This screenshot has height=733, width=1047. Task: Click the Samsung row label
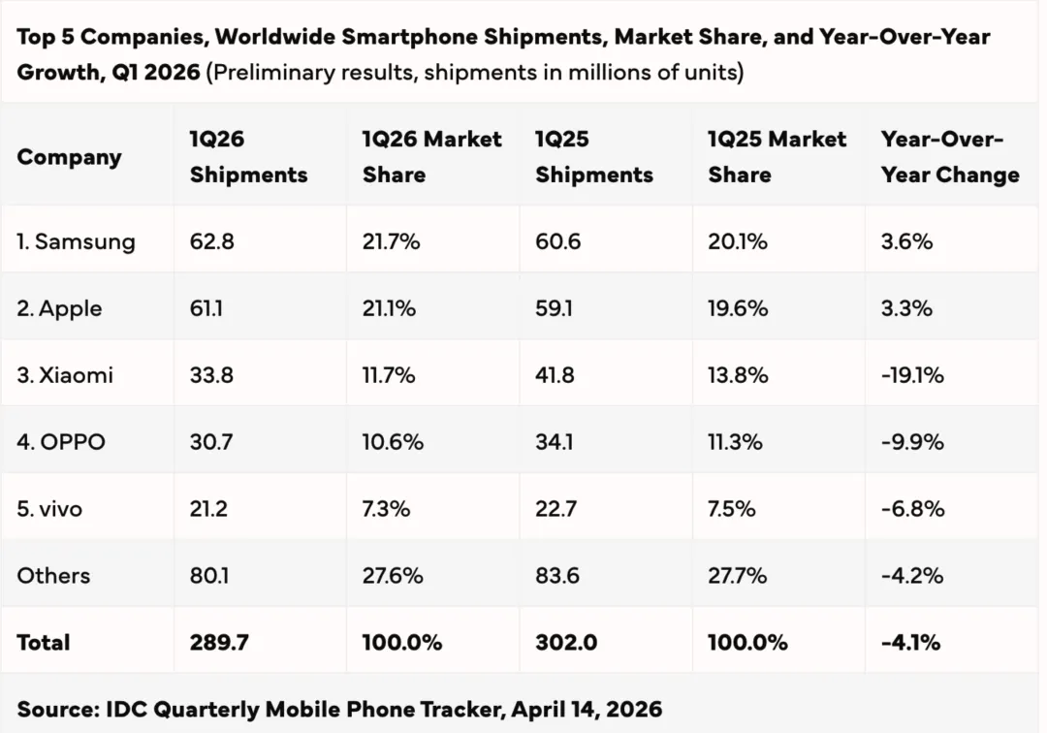[76, 241]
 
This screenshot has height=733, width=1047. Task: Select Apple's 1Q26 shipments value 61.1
[211, 308]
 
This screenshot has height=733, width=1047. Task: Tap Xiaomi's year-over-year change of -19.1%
[912, 375]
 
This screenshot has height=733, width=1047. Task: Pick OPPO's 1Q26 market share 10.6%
[393, 442]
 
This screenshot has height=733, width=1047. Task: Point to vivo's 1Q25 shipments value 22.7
[557, 509]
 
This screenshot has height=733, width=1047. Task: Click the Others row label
[53, 576]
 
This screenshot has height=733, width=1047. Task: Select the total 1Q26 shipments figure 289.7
[218, 642]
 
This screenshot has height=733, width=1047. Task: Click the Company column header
[69, 157]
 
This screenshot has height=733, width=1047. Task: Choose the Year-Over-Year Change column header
[950, 157]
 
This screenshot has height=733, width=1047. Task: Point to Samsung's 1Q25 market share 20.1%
[738, 241]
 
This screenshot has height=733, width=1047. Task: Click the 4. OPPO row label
[61, 442]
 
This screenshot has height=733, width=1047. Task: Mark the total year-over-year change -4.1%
[910, 642]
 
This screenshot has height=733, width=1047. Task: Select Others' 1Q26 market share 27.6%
[393, 576]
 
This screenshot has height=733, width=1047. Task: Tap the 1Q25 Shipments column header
[594, 157]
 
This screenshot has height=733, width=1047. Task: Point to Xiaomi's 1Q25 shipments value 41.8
[555, 375]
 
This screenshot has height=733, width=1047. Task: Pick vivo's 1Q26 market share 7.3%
[387, 509]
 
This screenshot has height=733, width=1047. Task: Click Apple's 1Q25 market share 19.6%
[738, 308]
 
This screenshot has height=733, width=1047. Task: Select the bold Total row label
[44, 642]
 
